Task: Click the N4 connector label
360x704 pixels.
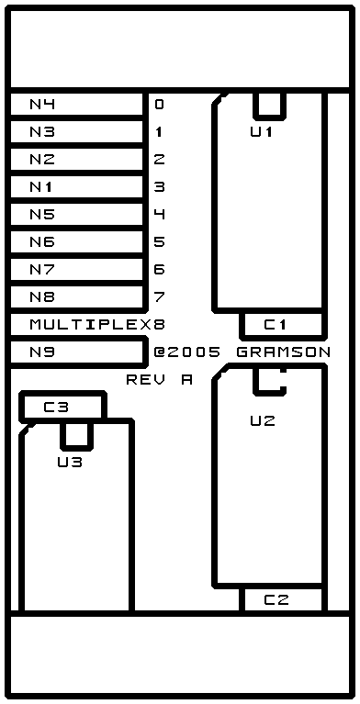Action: [x=42, y=105]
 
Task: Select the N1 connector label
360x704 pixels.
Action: [x=41, y=187]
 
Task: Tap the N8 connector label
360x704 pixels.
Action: [x=42, y=297]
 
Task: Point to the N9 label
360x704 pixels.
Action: [x=42, y=352]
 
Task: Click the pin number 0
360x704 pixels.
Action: [x=160, y=105]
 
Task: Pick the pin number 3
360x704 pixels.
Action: [x=160, y=187]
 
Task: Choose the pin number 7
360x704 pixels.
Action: [x=160, y=297]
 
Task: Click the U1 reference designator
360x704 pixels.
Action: [x=262, y=132]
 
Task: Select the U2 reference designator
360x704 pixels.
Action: [x=263, y=421]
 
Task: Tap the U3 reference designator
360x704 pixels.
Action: [x=70, y=462]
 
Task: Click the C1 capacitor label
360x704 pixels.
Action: [x=276, y=325]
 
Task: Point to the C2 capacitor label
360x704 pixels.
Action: [x=276, y=600]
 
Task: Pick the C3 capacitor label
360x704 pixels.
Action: [x=56, y=408]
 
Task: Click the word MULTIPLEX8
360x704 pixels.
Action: [x=97, y=325]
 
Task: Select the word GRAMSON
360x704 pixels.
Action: [x=284, y=352]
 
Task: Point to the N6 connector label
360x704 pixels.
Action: [x=42, y=242]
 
